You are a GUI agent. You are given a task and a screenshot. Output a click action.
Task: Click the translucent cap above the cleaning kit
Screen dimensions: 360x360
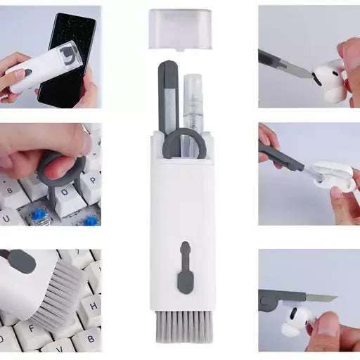click(x=180, y=29)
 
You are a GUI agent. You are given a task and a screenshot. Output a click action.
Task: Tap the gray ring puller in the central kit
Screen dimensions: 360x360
click(x=184, y=145)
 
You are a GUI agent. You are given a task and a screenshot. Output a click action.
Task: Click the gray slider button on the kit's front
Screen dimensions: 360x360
click(x=184, y=267)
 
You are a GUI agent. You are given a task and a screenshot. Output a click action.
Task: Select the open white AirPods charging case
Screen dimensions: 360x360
click(x=335, y=176)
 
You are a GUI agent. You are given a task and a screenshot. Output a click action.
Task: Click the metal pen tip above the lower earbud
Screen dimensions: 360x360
click(x=320, y=299)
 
